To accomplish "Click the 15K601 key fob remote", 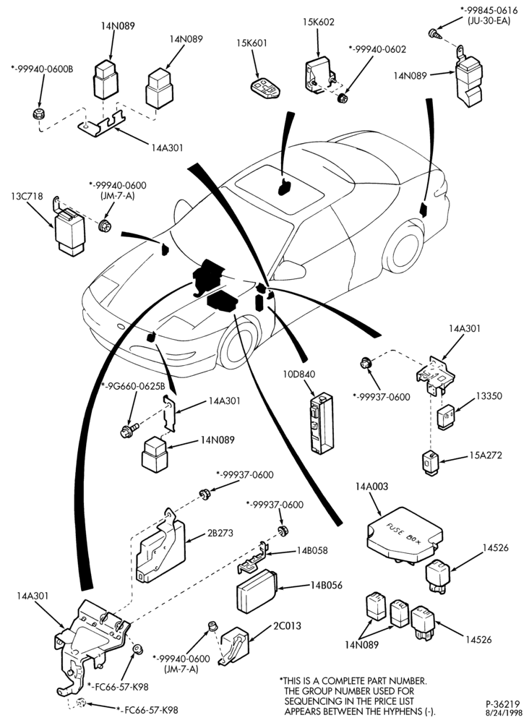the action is pyautogui.click(x=265, y=88).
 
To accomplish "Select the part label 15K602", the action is pyautogui.click(x=319, y=22).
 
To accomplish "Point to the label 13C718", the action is pyautogui.click(x=27, y=197).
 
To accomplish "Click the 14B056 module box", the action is pyautogui.click(x=257, y=590).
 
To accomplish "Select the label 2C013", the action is pyautogui.click(x=287, y=625).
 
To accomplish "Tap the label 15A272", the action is pyautogui.click(x=485, y=455).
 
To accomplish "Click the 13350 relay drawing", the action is pyautogui.click(x=446, y=417).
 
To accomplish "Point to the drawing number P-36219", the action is pyautogui.click(x=503, y=704).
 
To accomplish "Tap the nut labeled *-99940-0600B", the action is pyautogui.click(x=39, y=114).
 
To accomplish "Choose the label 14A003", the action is pyautogui.click(x=372, y=486).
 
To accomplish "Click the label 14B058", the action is pyautogui.click(x=312, y=550).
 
